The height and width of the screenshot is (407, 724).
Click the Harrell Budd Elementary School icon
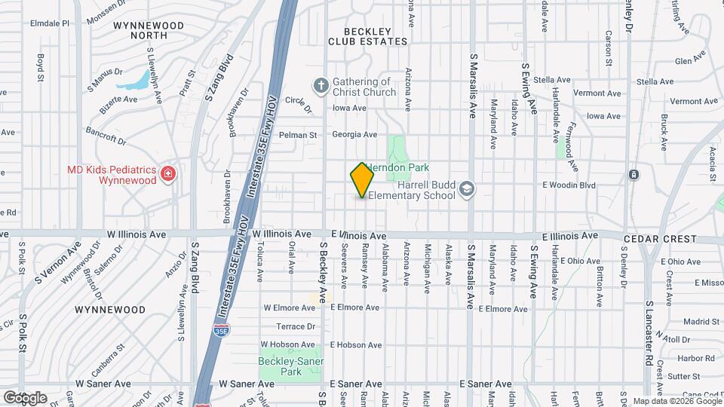[467, 188]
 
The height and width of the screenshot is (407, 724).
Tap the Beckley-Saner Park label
[291, 367]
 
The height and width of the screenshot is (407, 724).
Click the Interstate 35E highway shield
[220, 330]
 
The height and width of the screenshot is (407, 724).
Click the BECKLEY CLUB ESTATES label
[367, 36]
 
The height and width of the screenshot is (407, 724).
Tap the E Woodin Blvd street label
[569, 185]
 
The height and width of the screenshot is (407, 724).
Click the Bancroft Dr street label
[105, 134]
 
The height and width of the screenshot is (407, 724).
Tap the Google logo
[24, 397]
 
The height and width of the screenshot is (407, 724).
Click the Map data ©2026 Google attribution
[676, 401]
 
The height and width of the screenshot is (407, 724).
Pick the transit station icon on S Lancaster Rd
[633, 175]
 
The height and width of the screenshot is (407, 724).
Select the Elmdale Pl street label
[50, 23]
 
